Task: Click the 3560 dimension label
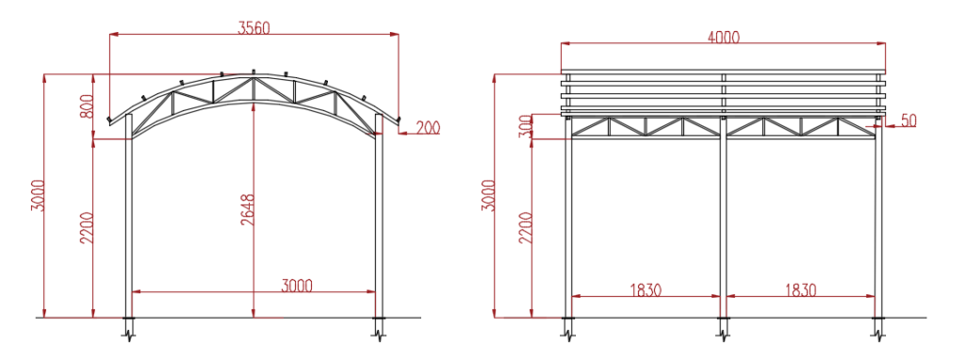coord(254,27)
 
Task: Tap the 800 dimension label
coord(87,106)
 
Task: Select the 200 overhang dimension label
coord(428,128)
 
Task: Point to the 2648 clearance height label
coord(248,210)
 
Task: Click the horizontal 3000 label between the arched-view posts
coord(297,286)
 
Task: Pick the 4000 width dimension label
coord(723,37)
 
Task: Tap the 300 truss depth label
coord(525,126)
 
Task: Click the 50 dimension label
coord(908,120)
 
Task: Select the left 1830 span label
coord(645,290)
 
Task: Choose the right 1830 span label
coord(800,290)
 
